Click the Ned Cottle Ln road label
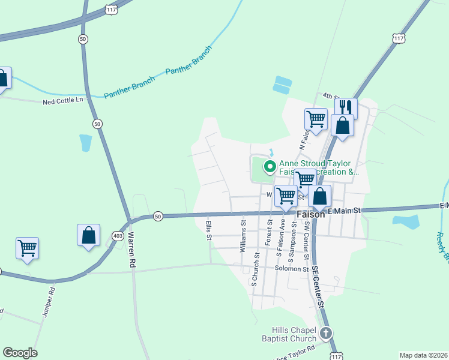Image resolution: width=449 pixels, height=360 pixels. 62,101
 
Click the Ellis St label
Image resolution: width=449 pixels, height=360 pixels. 209,230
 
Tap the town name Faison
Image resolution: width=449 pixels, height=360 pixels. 310,214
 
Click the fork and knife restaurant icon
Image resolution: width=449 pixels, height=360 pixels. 346,108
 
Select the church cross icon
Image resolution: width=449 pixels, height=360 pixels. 326,333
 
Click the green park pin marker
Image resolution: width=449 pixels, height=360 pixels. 270,166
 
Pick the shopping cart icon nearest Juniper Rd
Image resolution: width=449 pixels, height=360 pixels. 27,247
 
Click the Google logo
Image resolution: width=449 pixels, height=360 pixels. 20,353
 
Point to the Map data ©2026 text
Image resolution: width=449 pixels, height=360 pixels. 423,355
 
